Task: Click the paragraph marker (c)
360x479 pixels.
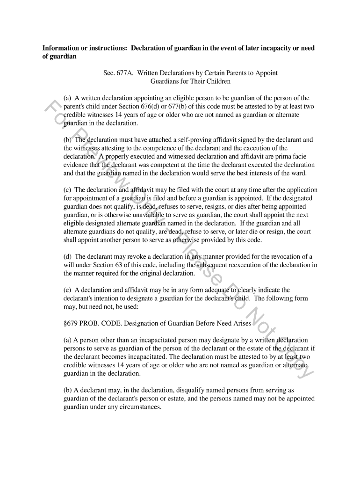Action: pos(68,190)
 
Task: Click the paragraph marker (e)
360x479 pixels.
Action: pos(68,290)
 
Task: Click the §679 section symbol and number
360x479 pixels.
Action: pos(72,323)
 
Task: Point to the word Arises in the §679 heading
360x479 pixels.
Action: pos(241,323)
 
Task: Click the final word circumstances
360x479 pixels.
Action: pos(140,407)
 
